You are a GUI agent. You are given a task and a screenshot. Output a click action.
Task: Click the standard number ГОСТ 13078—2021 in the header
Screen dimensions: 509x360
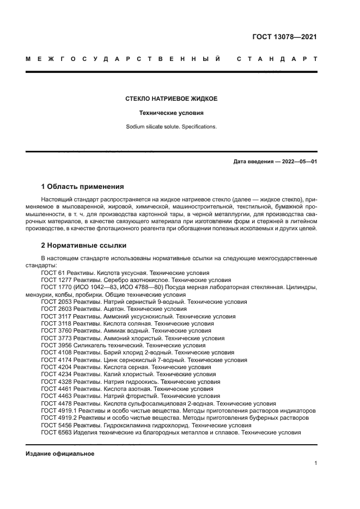tap(284, 37)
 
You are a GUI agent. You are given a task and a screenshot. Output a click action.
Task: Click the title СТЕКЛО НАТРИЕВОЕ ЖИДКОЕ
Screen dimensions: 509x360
tap(171, 99)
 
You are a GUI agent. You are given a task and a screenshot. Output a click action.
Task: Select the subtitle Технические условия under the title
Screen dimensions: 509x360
tap(171, 113)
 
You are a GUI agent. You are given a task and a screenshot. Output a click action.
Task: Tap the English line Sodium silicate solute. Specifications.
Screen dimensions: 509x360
tap(171, 127)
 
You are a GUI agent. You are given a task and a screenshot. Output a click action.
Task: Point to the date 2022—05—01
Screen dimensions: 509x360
tap(298, 162)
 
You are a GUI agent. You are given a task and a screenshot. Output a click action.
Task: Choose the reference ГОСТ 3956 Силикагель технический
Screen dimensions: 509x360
tap(123, 345)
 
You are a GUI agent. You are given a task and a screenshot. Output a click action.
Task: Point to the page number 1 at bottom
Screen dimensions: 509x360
tap(315, 463)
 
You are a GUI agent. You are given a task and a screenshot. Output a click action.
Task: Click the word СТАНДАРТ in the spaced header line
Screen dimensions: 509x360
tap(277, 58)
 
